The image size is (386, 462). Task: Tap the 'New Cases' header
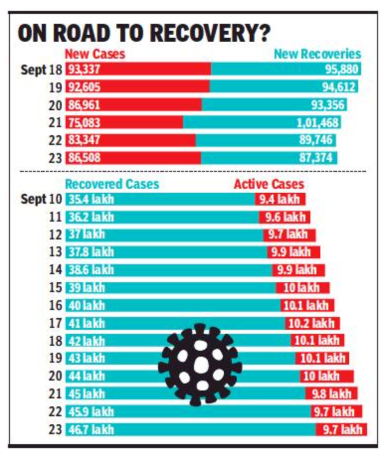(95, 54)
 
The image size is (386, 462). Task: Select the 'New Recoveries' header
(317, 54)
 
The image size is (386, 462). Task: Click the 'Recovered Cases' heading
(112, 184)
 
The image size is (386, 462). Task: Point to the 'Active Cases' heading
(269, 184)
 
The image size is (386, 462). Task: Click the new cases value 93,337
(84, 70)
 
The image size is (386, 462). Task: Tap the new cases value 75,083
(84, 122)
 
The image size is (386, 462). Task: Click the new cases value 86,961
(84, 105)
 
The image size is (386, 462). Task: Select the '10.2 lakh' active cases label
(311, 324)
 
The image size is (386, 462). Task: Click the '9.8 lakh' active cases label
(331, 394)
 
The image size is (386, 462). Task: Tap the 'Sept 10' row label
(41, 200)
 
